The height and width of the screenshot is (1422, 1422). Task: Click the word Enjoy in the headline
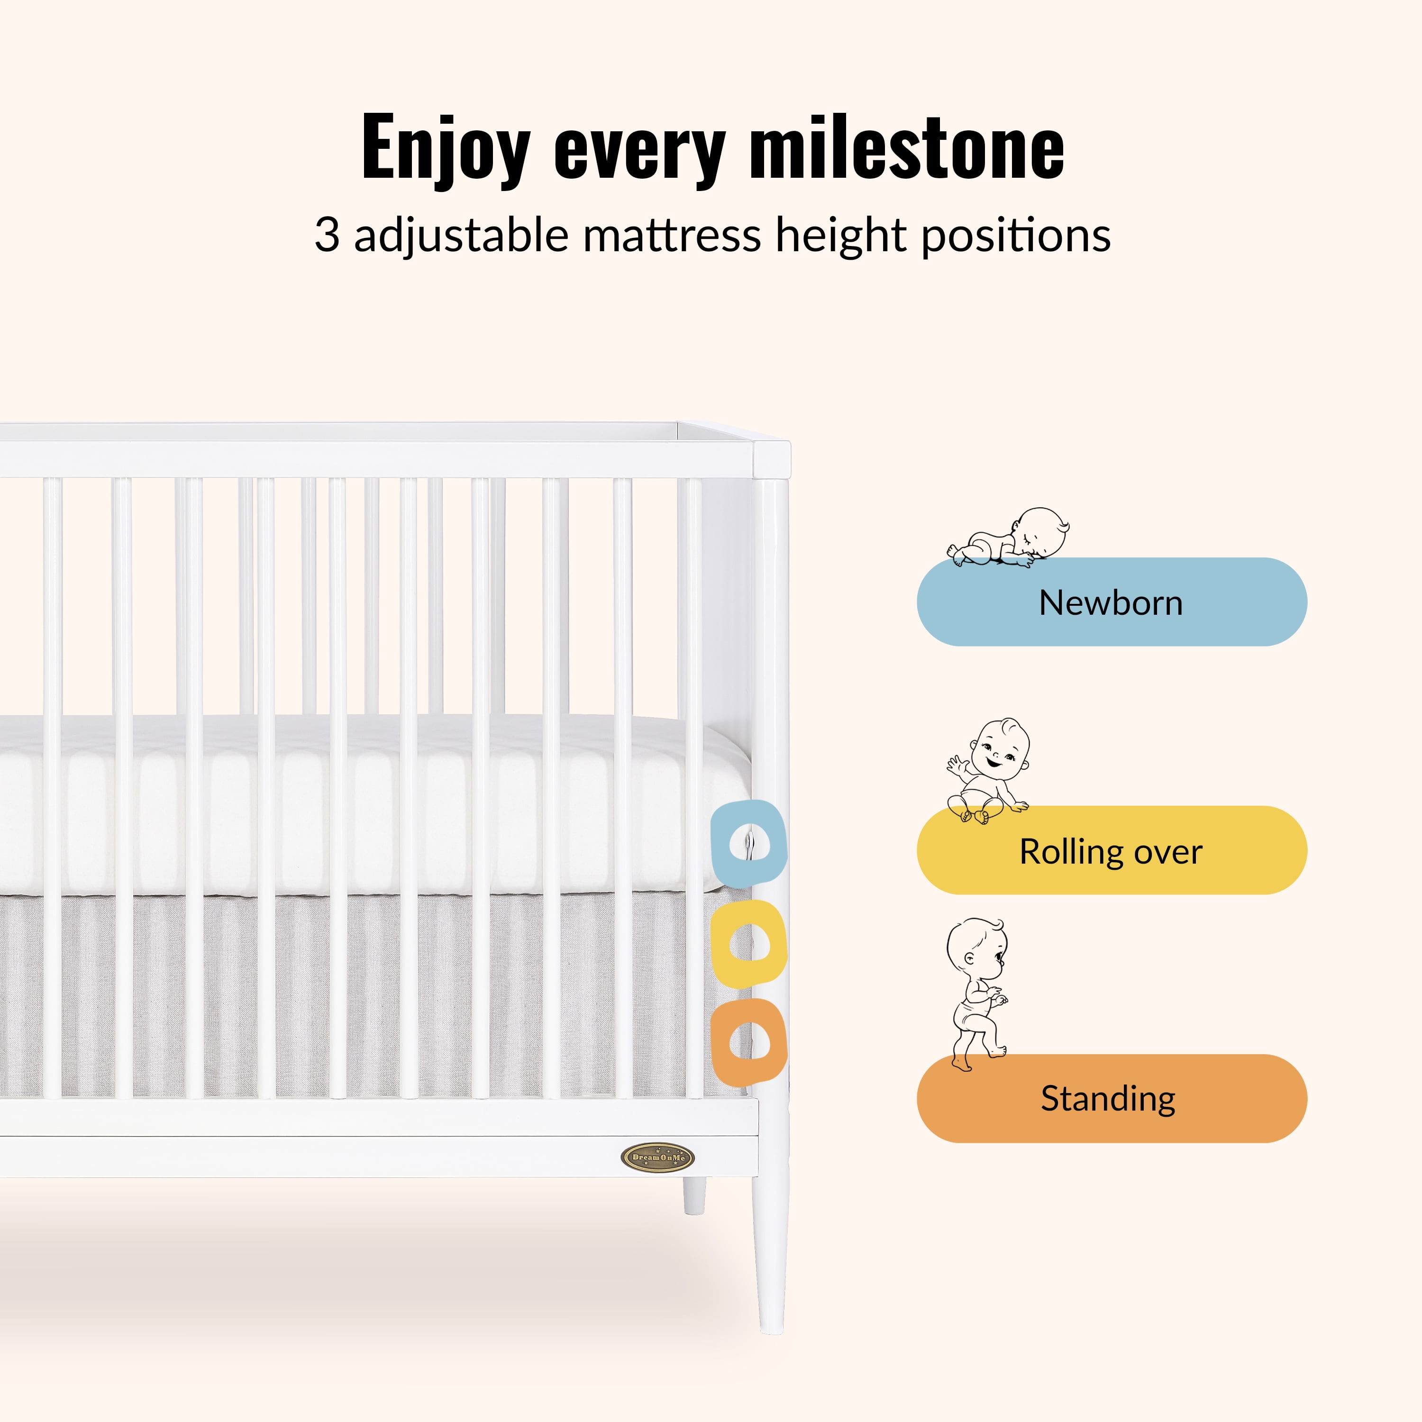(445, 149)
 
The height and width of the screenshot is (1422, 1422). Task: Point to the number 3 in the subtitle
(327, 236)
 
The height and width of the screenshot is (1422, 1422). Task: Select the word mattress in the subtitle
(672, 236)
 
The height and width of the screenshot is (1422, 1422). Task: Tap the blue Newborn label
(1112, 602)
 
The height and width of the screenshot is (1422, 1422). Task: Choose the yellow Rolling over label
(1112, 850)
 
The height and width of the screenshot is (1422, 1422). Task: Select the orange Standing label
(1112, 1098)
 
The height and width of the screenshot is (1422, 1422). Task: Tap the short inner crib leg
(694, 1195)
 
